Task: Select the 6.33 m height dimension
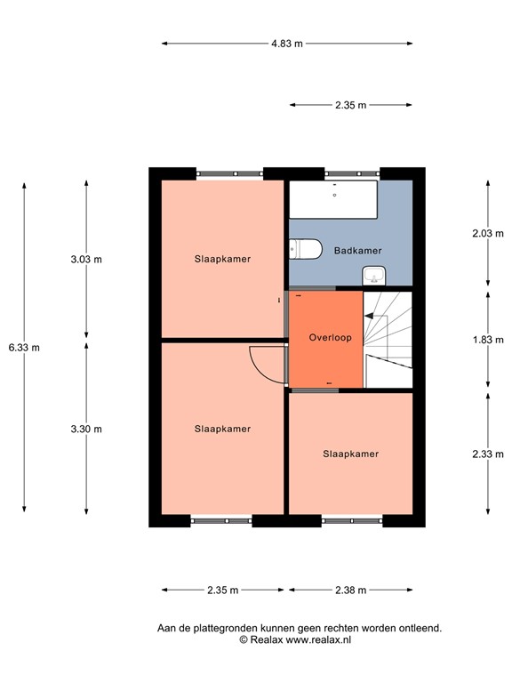click(24, 348)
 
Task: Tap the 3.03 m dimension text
click(86, 260)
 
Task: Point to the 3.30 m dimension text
click(86, 429)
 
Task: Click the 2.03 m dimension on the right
click(487, 234)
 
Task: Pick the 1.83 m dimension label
click(487, 339)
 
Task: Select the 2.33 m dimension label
click(487, 453)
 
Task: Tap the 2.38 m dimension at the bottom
click(349, 590)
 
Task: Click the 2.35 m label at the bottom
click(222, 590)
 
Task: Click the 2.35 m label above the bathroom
click(350, 105)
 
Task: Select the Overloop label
click(331, 339)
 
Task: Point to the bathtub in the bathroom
click(334, 201)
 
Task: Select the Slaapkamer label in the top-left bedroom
click(222, 260)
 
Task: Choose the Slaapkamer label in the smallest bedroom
click(350, 454)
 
